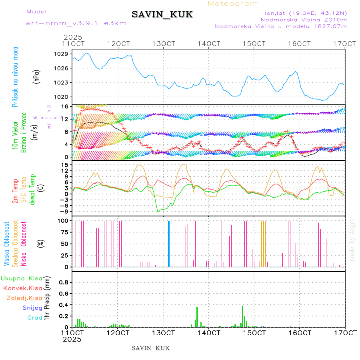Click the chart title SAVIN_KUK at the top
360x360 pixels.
[162, 14]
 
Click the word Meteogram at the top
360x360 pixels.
[233, 4]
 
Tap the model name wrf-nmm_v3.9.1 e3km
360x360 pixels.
[76, 23]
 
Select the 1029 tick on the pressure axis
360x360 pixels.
[63, 54]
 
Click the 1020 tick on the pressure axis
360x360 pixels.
[63, 97]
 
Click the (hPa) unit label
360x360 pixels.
[36, 76]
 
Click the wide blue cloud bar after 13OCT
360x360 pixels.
[169, 244]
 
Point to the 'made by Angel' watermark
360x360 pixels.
[352, 240]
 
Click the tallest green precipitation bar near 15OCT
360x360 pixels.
[243, 316]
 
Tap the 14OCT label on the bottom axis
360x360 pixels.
[210, 333]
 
